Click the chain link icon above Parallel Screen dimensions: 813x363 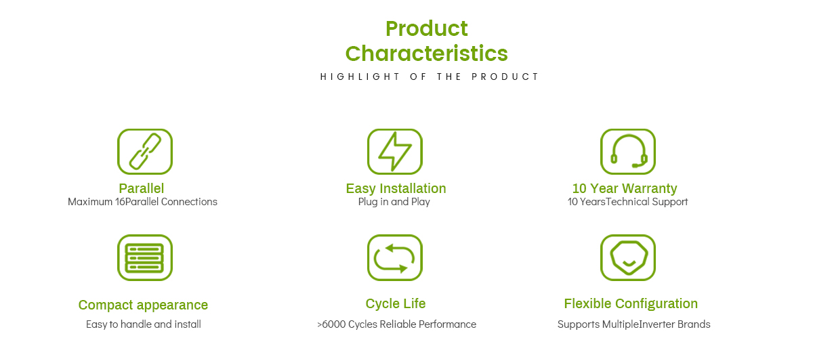pos(145,152)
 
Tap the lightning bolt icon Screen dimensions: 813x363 pos(395,152)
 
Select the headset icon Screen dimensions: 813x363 pos(628,152)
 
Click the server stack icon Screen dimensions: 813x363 pos(145,257)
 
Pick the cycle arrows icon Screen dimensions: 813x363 pos(395,257)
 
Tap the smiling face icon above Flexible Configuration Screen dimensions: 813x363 pos(628,257)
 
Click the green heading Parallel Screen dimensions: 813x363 pos(142,188)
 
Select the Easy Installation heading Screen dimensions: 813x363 pos(396,188)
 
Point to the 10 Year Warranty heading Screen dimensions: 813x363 pos(625,188)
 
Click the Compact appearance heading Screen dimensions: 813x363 pos(143,305)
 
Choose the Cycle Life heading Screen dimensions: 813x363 pos(396,303)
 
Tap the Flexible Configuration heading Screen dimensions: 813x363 pos(631,304)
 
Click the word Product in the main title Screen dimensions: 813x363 pos(426,28)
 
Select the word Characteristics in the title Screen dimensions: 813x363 pos(426,54)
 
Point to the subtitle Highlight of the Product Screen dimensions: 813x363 pos(430,77)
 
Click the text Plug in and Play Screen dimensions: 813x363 pos(394,202)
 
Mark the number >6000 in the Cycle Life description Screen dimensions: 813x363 pos(331,324)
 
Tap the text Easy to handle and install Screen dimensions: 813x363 pos(144,324)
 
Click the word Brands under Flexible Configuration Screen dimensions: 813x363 pos(694,324)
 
